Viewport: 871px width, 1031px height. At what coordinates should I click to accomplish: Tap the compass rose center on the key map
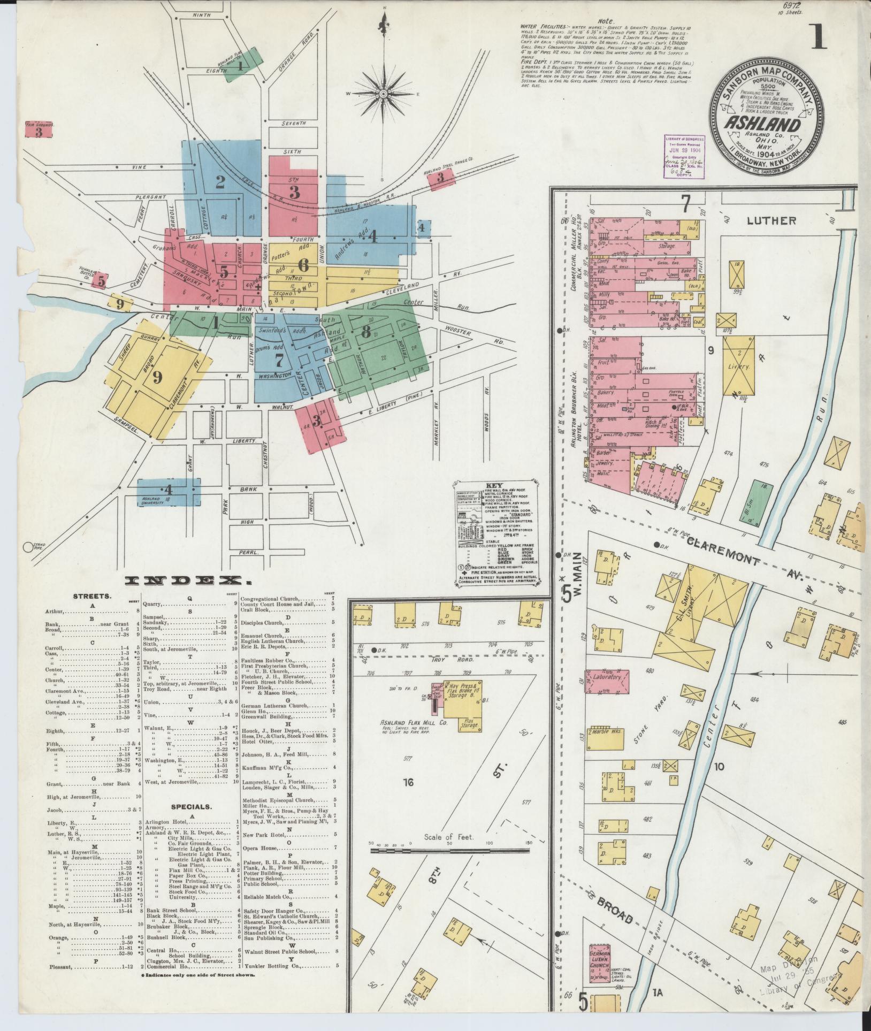point(384,94)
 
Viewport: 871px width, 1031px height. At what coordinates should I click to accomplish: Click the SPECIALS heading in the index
point(191,806)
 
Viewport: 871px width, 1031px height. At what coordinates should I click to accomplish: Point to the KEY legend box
point(498,533)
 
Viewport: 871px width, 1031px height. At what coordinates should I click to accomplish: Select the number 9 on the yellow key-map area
point(157,378)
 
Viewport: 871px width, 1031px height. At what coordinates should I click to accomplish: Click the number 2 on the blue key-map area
point(220,182)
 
